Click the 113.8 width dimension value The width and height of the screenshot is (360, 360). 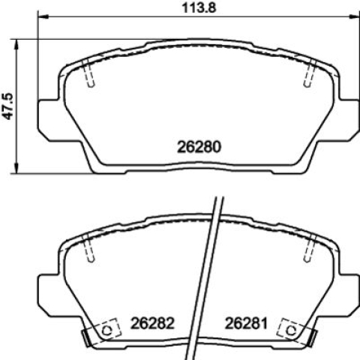[x=199, y=7]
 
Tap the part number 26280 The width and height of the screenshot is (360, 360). [x=199, y=147]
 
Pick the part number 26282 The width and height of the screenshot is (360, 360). [x=152, y=323]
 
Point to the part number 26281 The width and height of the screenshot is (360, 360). [x=246, y=323]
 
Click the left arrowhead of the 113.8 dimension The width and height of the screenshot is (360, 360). [x=42, y=16]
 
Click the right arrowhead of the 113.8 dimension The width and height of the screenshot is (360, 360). [x=354, y=16]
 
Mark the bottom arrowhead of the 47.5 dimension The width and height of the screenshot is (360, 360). [x=16, y=168]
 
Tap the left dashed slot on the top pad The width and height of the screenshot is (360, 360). [x=88, y=73]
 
